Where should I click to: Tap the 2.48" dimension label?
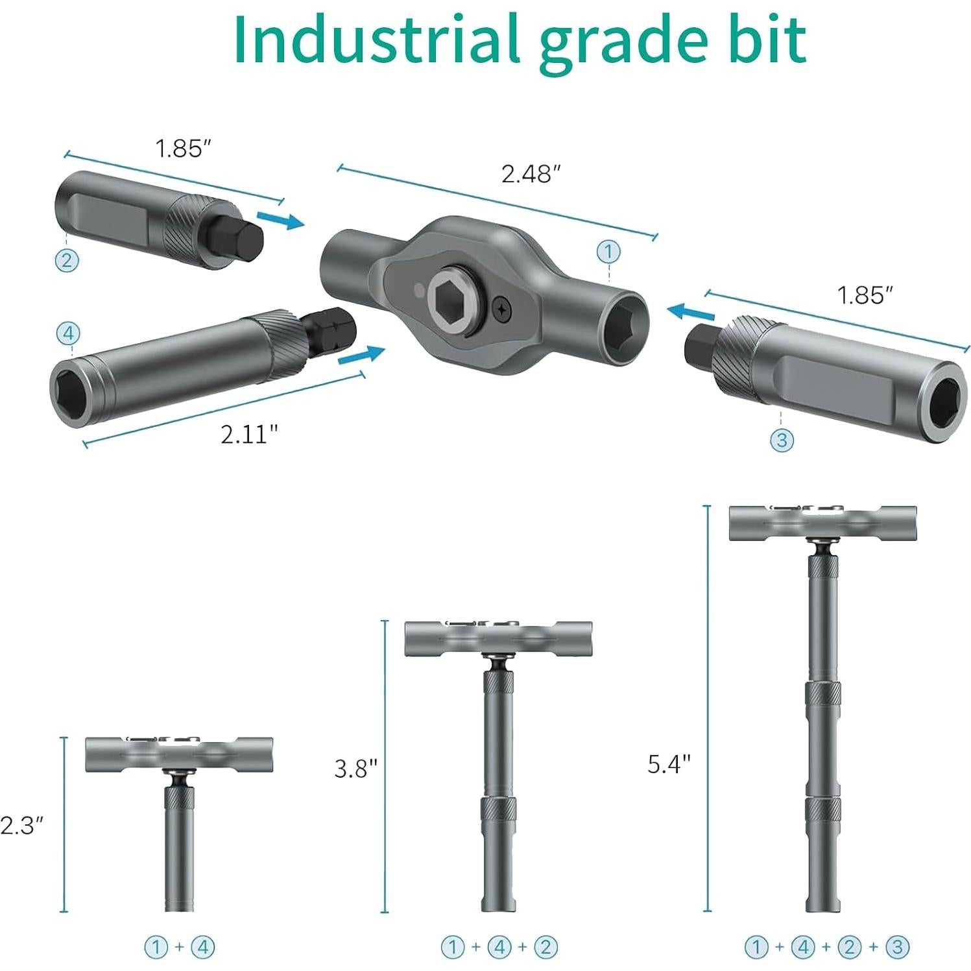pyautogui.click(x=531, y=174)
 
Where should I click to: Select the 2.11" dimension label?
pyautogui.click(x=249, y=434)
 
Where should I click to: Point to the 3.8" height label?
pyautogui.click(x=355, y=769)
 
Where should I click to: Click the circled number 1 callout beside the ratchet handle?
pyautogui.click(x=608, y=251)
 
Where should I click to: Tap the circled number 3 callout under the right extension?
pyautogui.click(x=782, y=440)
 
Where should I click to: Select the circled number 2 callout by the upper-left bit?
pyautogui.click(x=66, y=261)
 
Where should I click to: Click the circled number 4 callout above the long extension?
pyautogui.click(x=68, y=334)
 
